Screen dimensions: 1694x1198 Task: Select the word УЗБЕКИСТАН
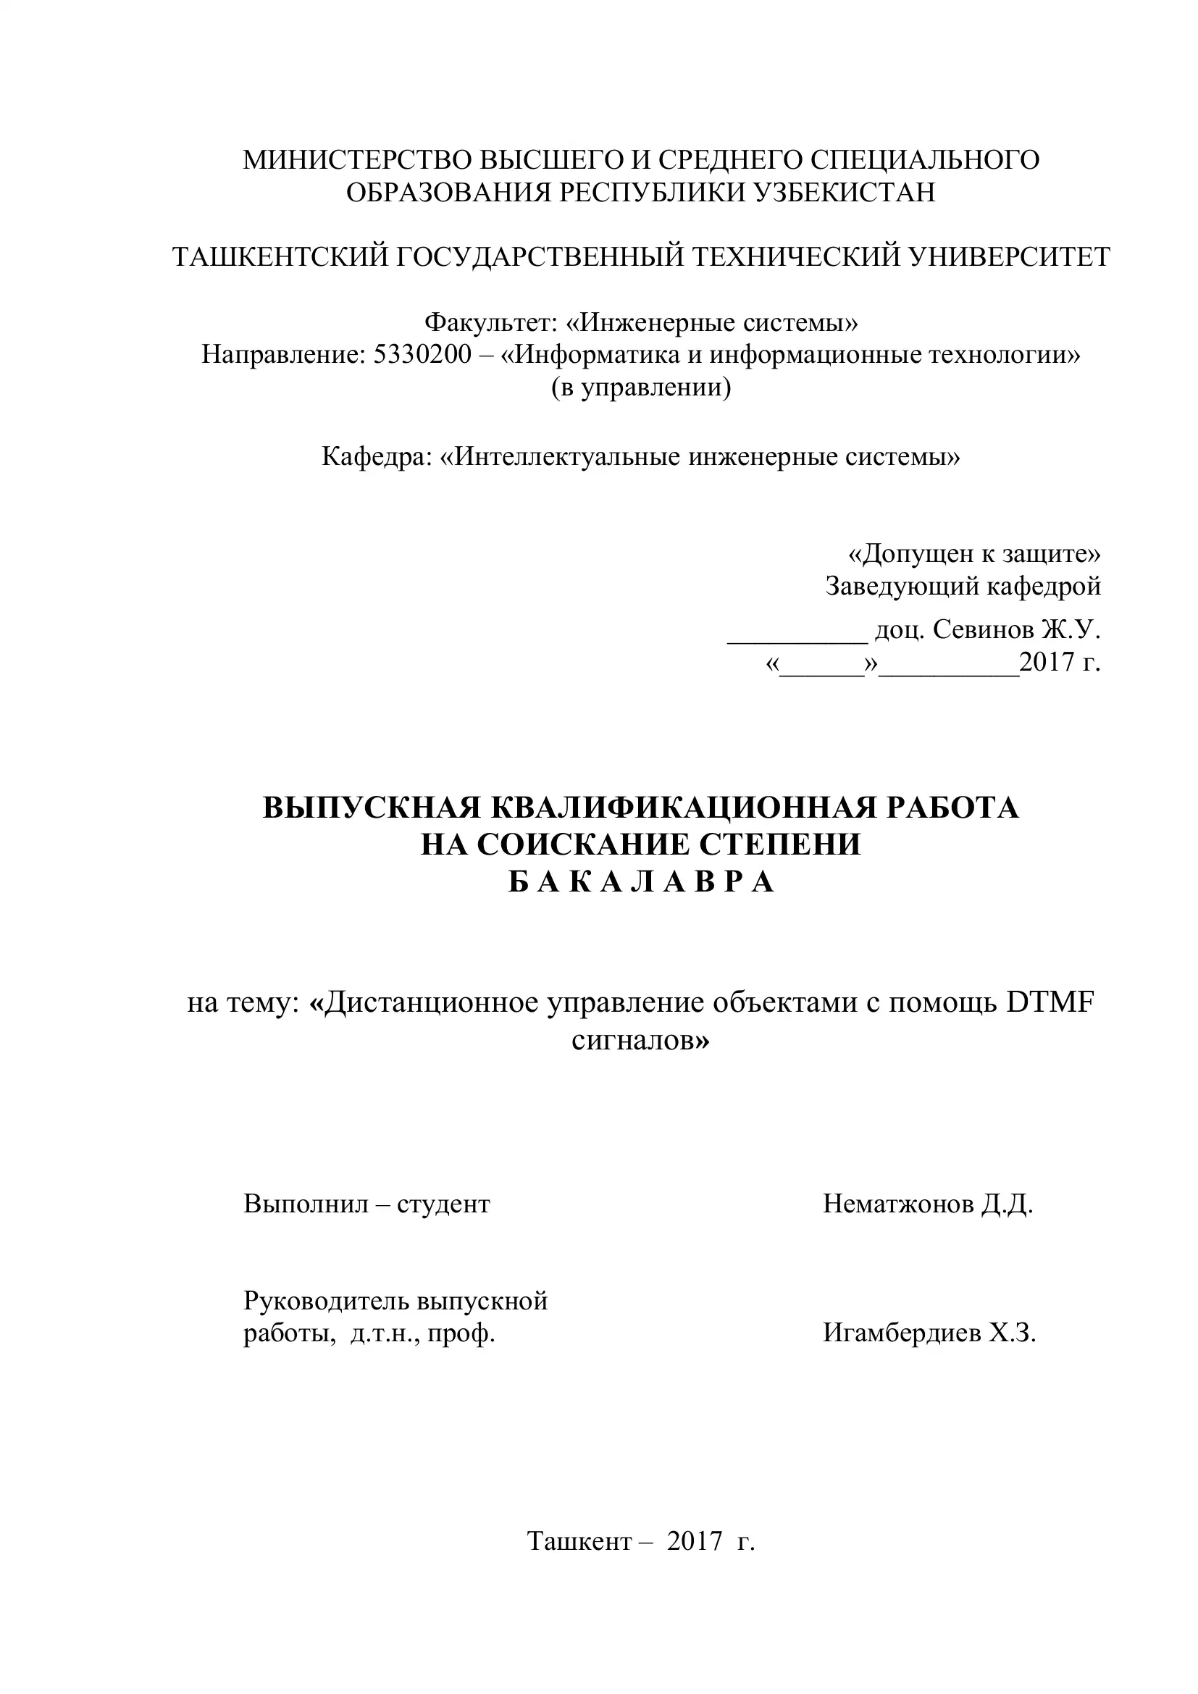pyautogui.click(x=844, y=193)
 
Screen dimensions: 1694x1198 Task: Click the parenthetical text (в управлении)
pyautogui.click(x=641, y=387)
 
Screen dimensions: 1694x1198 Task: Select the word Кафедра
pyautogui.click(x=376, y=457)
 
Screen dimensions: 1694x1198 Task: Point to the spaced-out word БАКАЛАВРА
pyautogui.click(x=641, y=882)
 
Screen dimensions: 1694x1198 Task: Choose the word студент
pyautogui.click(x=443, y=1204)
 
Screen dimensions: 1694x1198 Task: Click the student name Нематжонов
pyautogui.click(x=897, y=1204)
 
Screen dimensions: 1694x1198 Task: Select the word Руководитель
pyautogui.click(x=325, y=1301)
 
